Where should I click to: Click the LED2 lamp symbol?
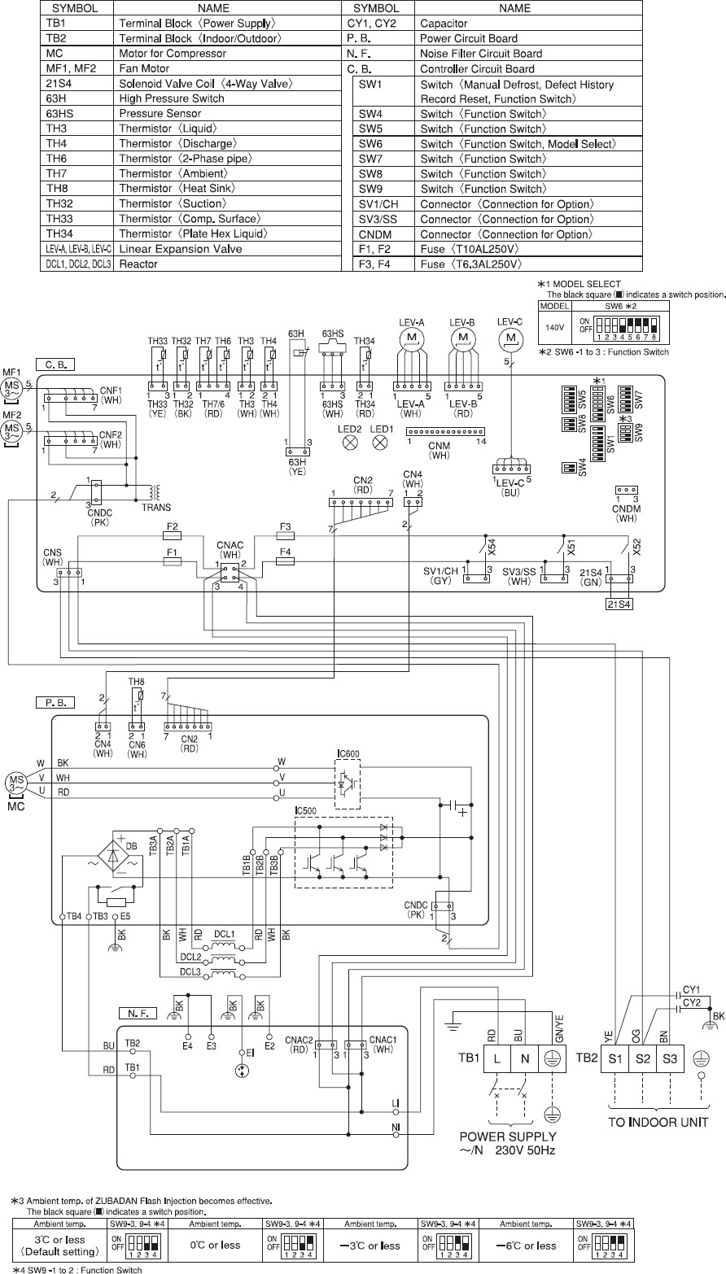[352, 443]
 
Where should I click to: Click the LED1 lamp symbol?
[380, 443]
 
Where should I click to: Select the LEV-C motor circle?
[510, 337]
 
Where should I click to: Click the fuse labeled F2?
[173, 536]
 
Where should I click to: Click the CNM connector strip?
[444, 430]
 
